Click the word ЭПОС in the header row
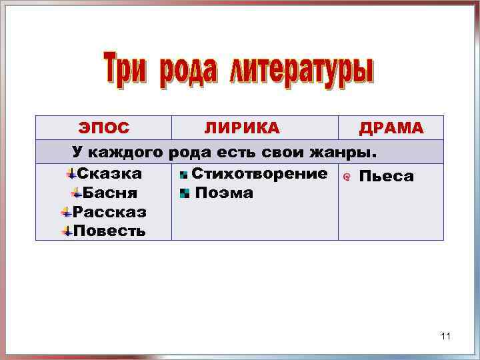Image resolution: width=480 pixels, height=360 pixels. [x=104, y=128]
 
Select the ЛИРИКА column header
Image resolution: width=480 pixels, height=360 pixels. [x=242, y=128]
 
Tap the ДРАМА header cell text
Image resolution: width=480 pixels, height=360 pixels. [x=391, y=128]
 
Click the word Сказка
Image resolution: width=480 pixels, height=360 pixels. [x=109, y=174]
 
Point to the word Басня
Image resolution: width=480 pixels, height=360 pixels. [x=110, y=193]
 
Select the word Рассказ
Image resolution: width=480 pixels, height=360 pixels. [x=109, y=212]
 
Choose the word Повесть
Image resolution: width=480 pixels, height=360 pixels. [x=109, y=231]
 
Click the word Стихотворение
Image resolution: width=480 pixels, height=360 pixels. [x=259, y=174]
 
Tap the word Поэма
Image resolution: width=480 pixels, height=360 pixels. [x=224, y=193]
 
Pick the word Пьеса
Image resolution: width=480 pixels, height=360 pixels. [x=387, y=177]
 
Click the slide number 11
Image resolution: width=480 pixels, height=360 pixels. [x=446, y=337]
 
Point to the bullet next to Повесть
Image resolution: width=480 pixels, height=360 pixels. [x=66, y=231]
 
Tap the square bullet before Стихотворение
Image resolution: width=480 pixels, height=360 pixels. [x=183, y=175]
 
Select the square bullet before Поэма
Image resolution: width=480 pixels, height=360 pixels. [x=185, y=194]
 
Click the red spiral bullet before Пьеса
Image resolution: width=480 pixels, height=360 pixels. [x=346, y=177]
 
